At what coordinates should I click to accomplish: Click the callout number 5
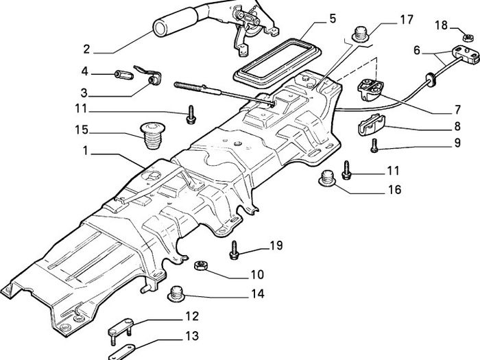point(333,19)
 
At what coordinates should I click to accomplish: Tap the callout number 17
point(407,20)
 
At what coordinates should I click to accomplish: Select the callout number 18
point(441,25)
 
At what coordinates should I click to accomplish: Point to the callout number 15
point(82,130)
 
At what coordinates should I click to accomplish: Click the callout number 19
point(276,245)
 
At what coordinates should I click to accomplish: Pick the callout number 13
point(192,336)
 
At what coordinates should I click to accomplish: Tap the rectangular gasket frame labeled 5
point(277,64)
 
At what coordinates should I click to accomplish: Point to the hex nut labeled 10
point(201,265)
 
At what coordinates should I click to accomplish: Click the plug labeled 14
point(176,293)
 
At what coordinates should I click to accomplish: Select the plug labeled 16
point(327,178)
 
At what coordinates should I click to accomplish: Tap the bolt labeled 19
point(235,250)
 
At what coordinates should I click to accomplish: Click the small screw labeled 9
point(374,145)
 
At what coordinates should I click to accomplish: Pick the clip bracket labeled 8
point(371,125)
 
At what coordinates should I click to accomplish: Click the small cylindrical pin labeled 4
point(123,75)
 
